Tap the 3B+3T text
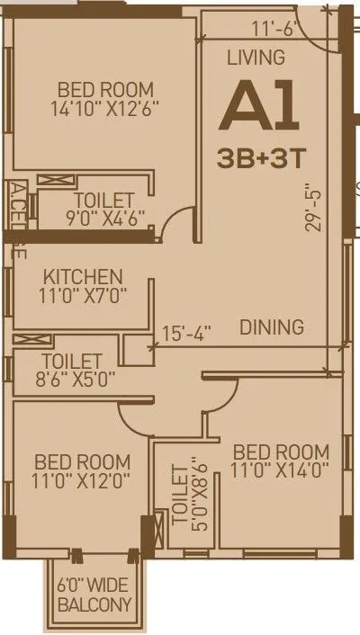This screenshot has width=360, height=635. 262,157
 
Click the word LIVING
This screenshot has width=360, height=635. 256,58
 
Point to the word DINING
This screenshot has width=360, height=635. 271,327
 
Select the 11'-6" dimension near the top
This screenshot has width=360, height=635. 274,28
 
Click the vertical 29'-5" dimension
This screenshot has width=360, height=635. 312,209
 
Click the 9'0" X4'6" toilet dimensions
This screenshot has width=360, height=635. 104,217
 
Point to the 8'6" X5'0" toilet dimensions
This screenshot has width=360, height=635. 64,379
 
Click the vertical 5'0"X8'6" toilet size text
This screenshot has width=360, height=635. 182,495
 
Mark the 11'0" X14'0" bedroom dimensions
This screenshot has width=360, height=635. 280,470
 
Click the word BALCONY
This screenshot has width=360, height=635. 95,604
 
